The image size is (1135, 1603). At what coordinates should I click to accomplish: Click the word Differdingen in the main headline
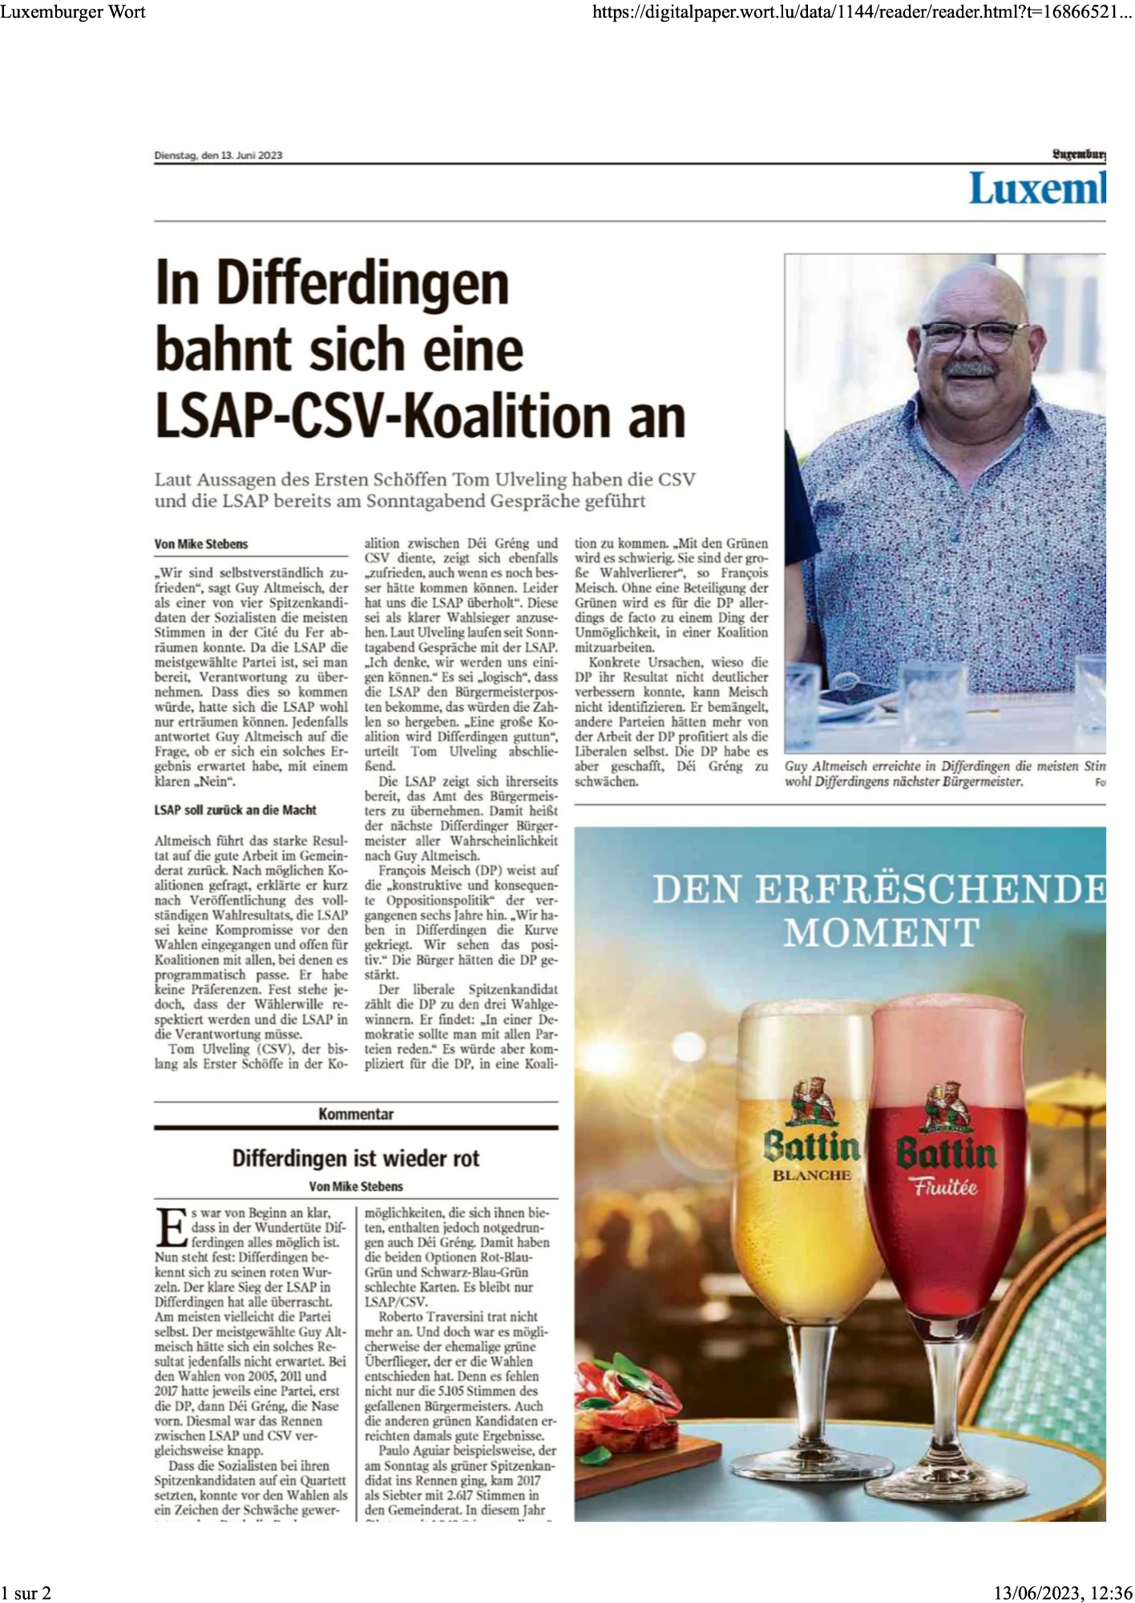362,284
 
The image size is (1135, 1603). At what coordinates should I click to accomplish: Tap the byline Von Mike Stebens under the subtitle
201,544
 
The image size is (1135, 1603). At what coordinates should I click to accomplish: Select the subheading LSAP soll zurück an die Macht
235,810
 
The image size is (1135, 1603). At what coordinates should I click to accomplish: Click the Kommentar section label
356,1114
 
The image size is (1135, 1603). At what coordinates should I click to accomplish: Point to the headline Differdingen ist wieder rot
356,1158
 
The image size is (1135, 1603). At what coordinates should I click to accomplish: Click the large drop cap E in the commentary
171,1226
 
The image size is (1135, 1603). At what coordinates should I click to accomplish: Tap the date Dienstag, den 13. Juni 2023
218,155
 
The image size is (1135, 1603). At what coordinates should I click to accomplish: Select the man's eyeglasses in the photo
973,335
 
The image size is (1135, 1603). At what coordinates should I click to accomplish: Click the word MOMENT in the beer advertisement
881,933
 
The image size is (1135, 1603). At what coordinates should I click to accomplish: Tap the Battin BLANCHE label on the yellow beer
811,1154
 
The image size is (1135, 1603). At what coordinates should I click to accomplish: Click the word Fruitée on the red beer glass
947,1187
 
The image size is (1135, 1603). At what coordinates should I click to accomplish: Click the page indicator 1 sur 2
26,1593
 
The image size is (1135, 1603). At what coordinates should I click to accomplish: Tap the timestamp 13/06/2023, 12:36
1063,1593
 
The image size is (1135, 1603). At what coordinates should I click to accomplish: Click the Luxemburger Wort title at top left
73,11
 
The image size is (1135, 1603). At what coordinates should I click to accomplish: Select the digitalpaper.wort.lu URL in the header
862,11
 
